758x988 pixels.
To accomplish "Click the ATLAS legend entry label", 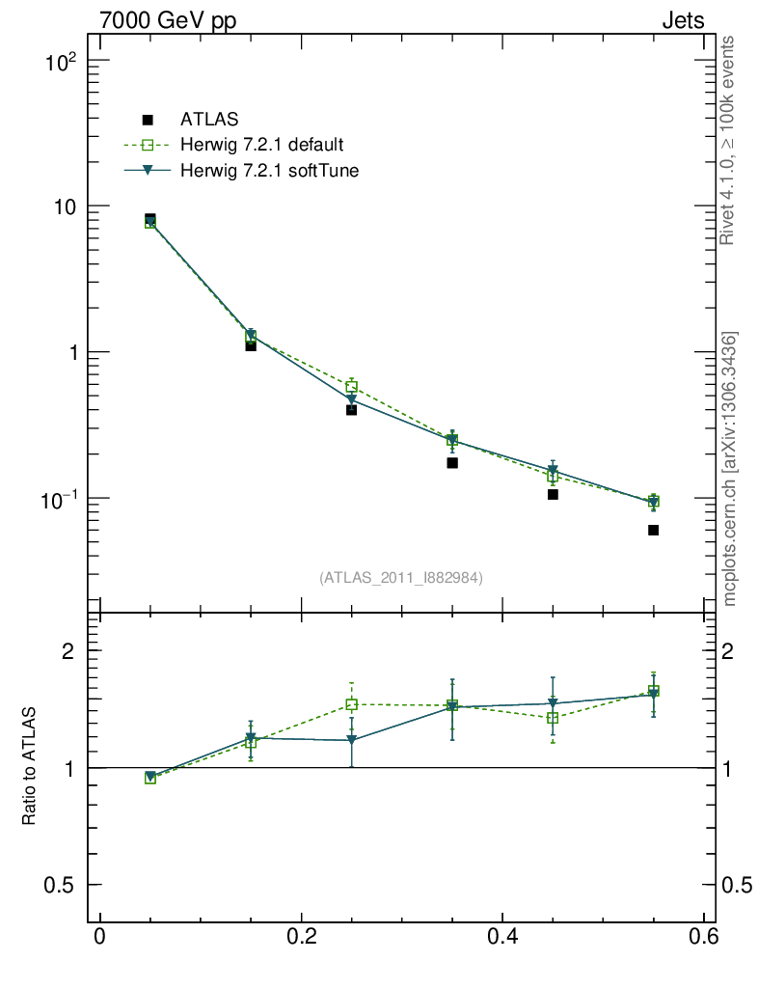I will pos(209,120).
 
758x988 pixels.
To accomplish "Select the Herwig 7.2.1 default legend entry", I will pos(261,146).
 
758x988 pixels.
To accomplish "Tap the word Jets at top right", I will pos(682,20).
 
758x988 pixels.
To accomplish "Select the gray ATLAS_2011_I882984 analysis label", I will pos(401,577).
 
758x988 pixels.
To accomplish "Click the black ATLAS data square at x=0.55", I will pos(653,530).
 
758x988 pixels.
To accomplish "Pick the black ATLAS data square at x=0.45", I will pos(553,494).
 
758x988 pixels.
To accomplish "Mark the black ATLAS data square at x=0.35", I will pos(452,463).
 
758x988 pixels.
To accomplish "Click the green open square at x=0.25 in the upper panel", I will pos(351,387).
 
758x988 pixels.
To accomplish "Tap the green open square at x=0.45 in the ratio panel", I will pos(553,718).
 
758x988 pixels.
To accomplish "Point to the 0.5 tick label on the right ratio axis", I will pos(739,885).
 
